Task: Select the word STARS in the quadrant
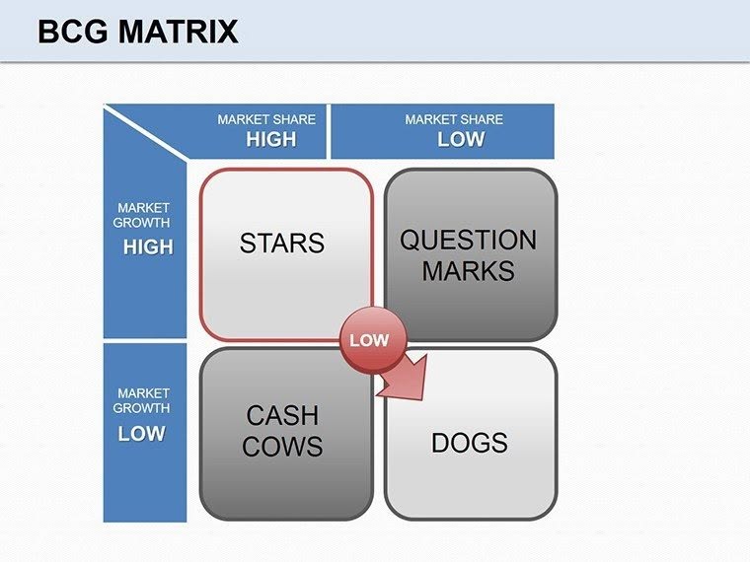coord(281,243)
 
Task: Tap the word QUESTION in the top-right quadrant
coord(468,240)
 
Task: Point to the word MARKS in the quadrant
coord(468,270)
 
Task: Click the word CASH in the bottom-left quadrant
coord(282,416)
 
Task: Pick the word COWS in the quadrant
coord(282,447)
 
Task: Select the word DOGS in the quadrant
coord(469,443)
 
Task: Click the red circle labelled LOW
coord(369,340)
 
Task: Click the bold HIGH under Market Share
coord(270,139)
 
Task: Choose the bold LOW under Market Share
coord(460,139)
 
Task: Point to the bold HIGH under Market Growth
coord(147,247)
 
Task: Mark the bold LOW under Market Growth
coord(142,434)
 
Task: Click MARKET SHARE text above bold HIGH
coord(266,119)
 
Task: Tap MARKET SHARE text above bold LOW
coord(454,119)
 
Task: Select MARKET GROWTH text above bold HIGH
coord(143,216)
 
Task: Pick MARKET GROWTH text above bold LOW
coord(141,400)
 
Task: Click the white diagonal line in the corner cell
coord(145,132)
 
